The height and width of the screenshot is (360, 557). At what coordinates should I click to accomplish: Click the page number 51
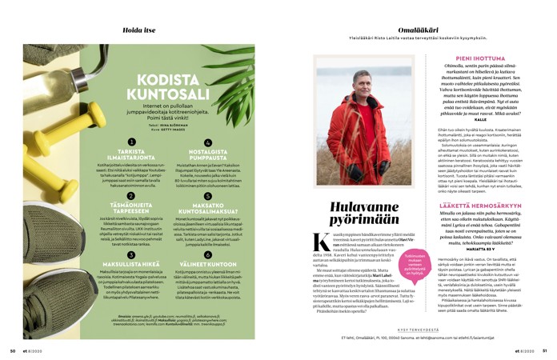[544, 350]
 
